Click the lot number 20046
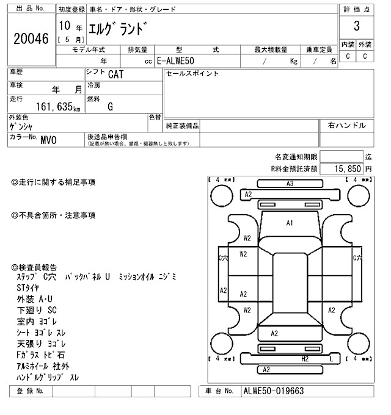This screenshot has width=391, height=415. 31,38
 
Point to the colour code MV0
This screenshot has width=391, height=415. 48,140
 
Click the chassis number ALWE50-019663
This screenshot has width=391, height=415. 273,391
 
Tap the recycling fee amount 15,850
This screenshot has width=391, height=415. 346,168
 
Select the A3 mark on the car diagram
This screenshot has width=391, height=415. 290,184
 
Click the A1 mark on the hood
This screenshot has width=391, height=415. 290,223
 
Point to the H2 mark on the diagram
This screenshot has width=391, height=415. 304,359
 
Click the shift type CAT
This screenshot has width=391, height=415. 114,75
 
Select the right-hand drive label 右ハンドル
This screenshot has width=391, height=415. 346,126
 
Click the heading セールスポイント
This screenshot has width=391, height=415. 192,74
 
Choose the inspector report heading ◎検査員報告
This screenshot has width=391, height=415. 34,268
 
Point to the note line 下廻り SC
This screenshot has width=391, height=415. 37,310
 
